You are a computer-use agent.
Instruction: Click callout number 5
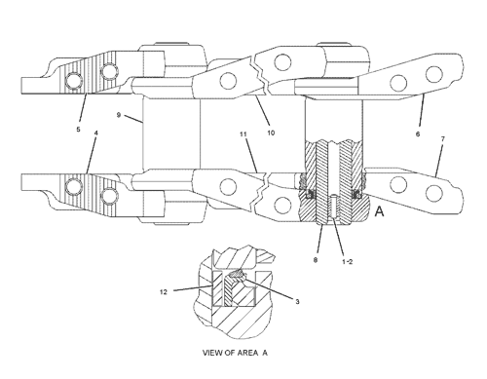coord(78,130)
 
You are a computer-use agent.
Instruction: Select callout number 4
coord(96,133)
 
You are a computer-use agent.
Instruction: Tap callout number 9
coord(119,115)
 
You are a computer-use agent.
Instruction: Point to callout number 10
coord(271,133)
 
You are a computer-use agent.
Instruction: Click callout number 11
coord(243,134)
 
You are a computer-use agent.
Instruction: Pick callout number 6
coord(418,133)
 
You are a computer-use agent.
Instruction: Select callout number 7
coord(443,139)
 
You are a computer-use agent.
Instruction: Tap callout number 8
coord(316,260)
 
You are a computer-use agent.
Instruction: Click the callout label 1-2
coord(347,262)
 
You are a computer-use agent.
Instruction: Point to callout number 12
coord(164,292)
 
